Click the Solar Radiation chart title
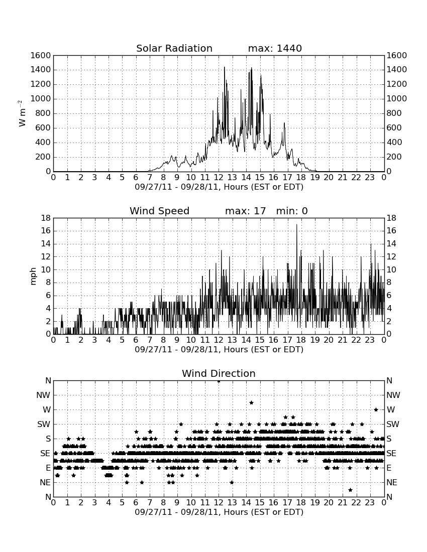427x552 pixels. pos(174,48)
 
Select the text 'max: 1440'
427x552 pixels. pos(275,48)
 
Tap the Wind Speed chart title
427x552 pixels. pos(160,211)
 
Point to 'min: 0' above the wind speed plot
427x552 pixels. pos(292,211)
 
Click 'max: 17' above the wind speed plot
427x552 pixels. pos(246,211)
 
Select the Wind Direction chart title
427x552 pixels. pos(219,373)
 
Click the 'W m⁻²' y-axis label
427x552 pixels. pos(22,113)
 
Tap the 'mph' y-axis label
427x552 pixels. pos(33,277)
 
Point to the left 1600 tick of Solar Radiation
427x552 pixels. pos(41,55)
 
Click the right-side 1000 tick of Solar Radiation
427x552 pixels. pos(397,98)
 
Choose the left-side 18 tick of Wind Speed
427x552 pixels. pos(46,218)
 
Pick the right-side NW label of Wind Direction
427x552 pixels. pos(393,395)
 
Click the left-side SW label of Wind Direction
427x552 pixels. pos(44,424)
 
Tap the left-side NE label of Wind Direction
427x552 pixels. pos(45,482)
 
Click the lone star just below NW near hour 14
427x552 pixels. pos(252,402)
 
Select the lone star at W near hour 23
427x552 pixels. pos(376,409)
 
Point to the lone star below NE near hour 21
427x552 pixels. pos(350,490)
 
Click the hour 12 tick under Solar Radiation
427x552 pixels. pos(219,177)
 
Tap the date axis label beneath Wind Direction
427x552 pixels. pos(219,512)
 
